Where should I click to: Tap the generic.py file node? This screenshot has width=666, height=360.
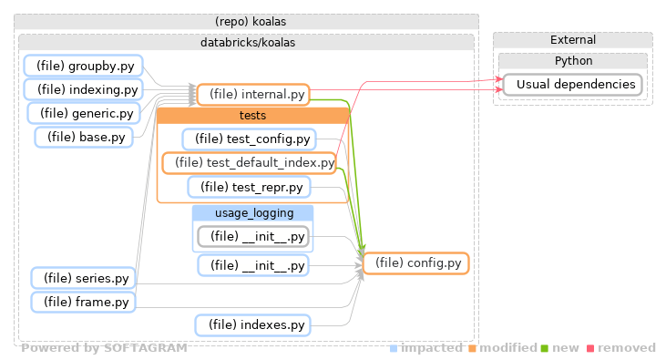pyautogui.click(x=84, y=113)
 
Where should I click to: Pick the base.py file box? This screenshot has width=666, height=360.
pyautogui.click(x=84, y=137)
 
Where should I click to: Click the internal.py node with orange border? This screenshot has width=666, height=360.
pyautogui.click(x=253, y=94)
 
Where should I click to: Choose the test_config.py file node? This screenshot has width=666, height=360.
pyautogui.click(x=249, y=139)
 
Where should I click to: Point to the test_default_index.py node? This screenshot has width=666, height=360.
pyautogui.click(x=249, y=163)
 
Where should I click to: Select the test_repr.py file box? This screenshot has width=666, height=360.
pyautogui.click(x=249, y=187)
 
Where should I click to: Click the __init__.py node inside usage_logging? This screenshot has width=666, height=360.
pyautogui.click(x=252, y=237)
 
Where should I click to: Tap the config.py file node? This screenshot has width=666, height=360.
pyautogui.click(x=415, y=263)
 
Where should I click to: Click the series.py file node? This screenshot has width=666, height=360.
pyautogui.click(x=84, y=278)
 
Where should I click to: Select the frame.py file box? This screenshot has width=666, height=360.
pyautogui.click(x=84, y=302)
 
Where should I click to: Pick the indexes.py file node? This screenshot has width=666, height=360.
pyautogui.click(x=252, y=324)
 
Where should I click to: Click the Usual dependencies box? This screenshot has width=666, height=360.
pyautogui.click(x=572, y=85)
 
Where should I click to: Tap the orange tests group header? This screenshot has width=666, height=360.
pyautogui.click(x=253, y=116)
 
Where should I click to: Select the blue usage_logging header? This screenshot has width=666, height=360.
pyautogui.click(x=253, y=213)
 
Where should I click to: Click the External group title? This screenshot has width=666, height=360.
pyautogui.click(x=573, y=40)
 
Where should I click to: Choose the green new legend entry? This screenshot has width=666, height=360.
pyautogui.click(x=561, y=348)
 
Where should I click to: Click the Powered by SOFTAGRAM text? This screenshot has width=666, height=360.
pyautogui.click(x=104, y=348)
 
